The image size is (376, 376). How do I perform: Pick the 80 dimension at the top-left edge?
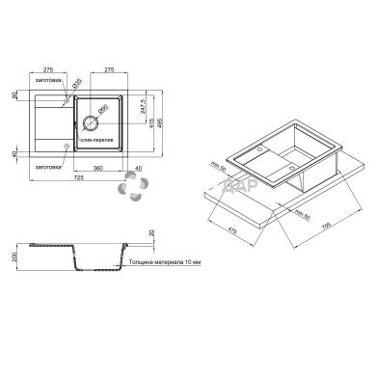pos(14,95)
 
